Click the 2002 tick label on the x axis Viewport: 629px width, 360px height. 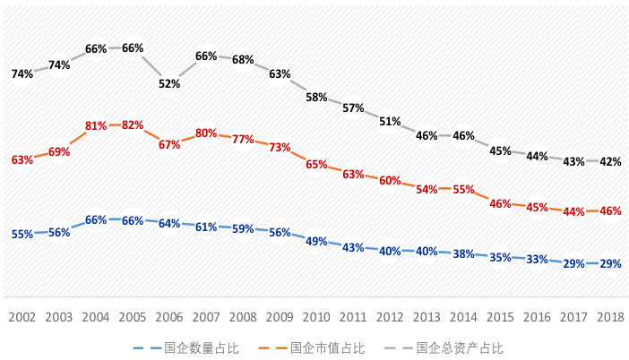(22, 317)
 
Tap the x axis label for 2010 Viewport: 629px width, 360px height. (316, 317)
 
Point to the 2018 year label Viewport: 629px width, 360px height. (610, 317)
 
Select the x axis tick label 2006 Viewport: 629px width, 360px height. (169, 317)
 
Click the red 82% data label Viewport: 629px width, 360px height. (133, 125)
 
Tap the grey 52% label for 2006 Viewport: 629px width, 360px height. (169, 83)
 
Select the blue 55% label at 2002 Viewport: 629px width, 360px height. (22, 234)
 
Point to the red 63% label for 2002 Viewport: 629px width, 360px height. (22, 159)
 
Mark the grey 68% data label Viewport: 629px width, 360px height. (243, 60)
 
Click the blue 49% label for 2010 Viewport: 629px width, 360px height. (316, 241)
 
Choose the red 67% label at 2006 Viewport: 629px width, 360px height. (169, 144)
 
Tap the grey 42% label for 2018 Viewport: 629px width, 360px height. (610, 162)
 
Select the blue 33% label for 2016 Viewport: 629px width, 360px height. (537, 260)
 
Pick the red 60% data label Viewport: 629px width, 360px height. (390, 180)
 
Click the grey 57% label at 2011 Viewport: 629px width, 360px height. (353, 108)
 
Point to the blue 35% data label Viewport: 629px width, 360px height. (500, 257)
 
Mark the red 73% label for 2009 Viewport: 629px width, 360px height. (280, 147)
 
